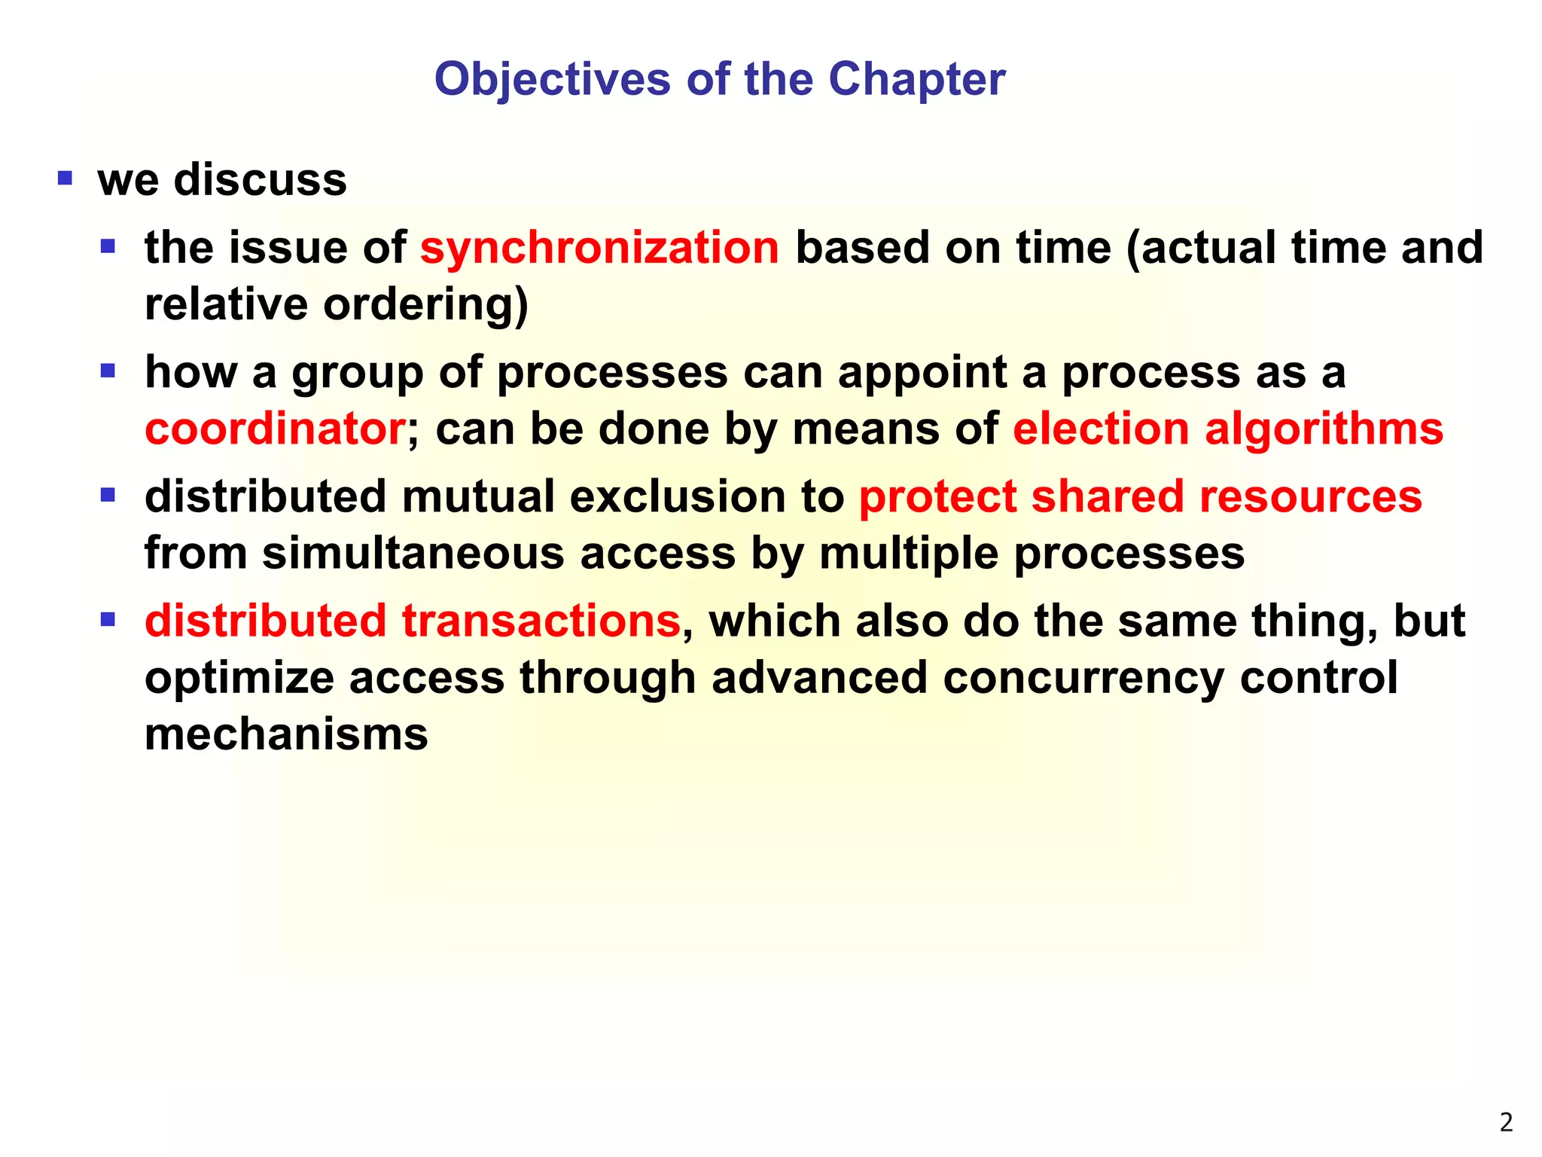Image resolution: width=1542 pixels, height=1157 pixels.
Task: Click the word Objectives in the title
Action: point(552,79)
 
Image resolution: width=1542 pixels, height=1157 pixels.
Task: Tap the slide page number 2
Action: point(1505,1122)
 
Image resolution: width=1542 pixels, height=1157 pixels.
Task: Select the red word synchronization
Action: point(599,248)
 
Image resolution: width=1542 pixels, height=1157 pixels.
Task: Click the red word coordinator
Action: point(275,429)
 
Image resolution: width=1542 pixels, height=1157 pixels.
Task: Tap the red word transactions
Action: point(541,621)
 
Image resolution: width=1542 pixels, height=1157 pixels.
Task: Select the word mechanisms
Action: point(286,734)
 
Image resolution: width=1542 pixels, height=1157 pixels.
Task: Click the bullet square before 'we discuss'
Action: point(65,179)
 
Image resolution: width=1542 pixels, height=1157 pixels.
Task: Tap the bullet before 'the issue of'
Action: point(108,246)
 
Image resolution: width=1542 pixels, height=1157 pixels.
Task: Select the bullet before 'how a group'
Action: point(108,371)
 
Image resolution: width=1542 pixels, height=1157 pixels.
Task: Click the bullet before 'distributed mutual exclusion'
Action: point(108,495)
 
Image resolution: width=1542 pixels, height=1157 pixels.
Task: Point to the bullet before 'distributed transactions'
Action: point(108,619)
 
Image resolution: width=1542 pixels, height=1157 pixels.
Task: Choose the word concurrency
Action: point(1083,678)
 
